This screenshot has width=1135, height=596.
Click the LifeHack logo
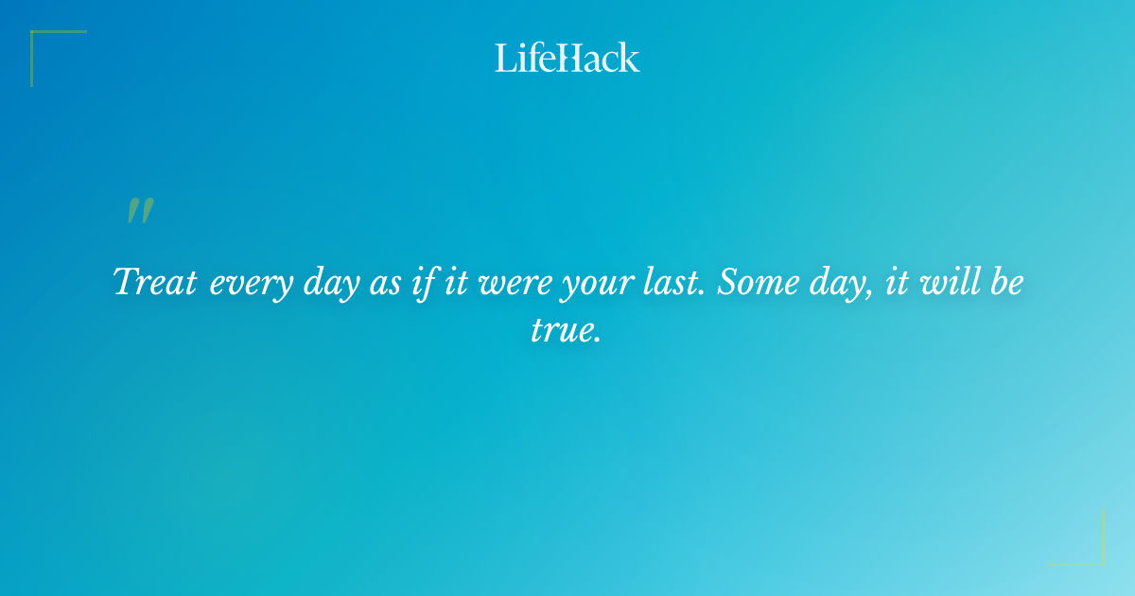567,58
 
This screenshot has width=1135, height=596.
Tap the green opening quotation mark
140,211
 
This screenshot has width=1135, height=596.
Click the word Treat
155,283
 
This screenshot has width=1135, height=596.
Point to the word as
384,284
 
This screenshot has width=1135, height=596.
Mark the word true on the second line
566,332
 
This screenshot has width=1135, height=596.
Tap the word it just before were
457,283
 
